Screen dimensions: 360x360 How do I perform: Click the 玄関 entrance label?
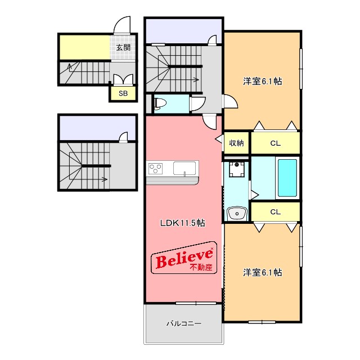pyautogui.click(x=123, y=47)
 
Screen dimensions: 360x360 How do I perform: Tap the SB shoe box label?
pyautogui.click(x=123, y=93)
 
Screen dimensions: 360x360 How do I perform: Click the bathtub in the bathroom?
pyautogui.click(x=287, y=178)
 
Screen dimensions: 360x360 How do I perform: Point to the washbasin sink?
pyautogui.click(x=237, y=214)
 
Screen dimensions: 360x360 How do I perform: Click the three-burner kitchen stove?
pyautogui.click(x=155, y=168)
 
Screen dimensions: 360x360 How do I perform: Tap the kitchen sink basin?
pyautogui.click(x=184, y=168)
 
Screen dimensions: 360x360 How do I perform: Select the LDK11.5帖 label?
pyautogui.click(x=182, y=223)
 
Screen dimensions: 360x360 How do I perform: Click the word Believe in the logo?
pyautogui.click(x=184, y=258)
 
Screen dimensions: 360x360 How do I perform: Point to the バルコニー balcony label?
pyautogui.click(x=184, y=323)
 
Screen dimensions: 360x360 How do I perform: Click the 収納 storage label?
pyautogui.click(x=236, y=143)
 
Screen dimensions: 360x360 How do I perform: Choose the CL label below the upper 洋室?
pyautogui.click(x=275, y=143)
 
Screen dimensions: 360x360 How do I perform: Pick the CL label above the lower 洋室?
pyautogui.click(x=275, y=211)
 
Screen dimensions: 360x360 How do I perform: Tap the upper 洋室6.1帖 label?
pyautogui.click(x=263, y=81)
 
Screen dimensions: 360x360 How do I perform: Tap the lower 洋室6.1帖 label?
pyautogui.click(x=263, y=272)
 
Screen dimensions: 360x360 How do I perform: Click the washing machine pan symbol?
pyautogui.click(x=237, y=169)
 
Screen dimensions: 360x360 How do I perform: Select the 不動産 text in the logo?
pyautogui.click(x=201, y=267)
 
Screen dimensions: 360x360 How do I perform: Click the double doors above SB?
pyautogui.click(x=123, y=79)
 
